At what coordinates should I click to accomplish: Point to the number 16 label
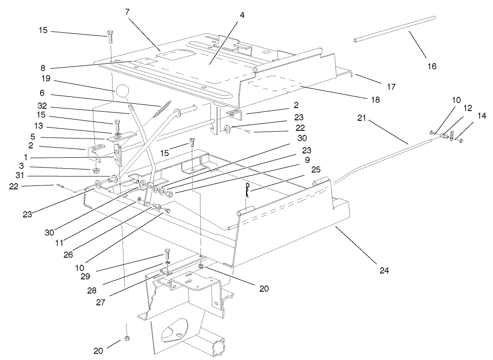click(x=431, y=66)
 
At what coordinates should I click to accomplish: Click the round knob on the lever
click(x=123, y=91)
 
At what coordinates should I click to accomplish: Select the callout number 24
click(x=384, y=270)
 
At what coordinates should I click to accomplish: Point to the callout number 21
click(x=361, y=117)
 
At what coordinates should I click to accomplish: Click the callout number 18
click(x=375, y=99)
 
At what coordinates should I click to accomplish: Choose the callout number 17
click(x=391, y=86)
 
